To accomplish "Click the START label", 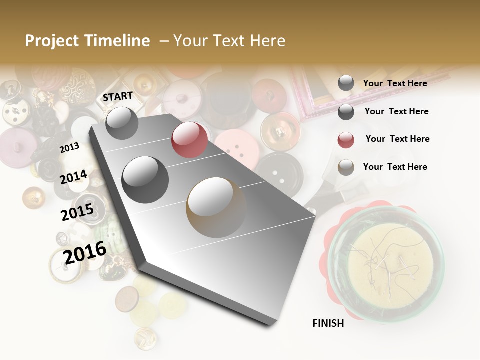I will click(118, 96).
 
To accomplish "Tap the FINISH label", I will click(328, 323).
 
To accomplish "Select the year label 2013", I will click(70, 147).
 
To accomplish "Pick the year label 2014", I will click(74, 177).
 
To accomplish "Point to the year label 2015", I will click(77, 212).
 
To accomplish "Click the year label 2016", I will click(85, 252).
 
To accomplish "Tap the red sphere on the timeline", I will click(189, 139).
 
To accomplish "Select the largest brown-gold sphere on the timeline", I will click(216, 207).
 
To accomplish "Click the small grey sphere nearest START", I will click(122, 123).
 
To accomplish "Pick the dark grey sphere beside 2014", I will click(145, 179).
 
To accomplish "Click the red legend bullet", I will click(346, 140).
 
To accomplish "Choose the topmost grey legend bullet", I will click(346, 83).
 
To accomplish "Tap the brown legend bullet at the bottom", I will click(346, 167).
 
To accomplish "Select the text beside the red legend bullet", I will click(397, 139).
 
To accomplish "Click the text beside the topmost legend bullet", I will click(395, 83).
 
